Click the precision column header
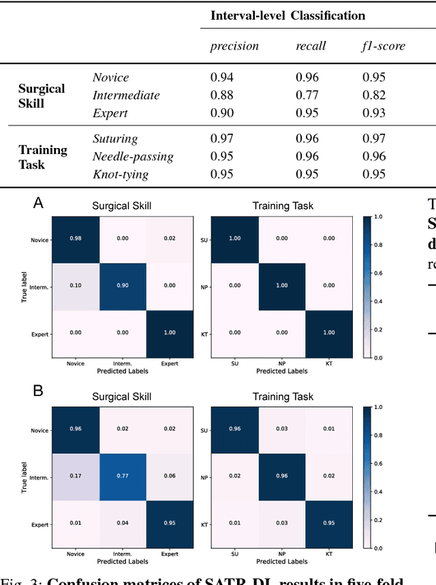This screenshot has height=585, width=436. (x=234, y=46)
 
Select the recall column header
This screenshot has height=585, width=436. (x=310, y=46)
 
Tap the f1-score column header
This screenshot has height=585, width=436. (x=383, y=46)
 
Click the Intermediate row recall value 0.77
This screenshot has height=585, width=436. (x=307, y=95)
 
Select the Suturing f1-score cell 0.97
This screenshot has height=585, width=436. (x=374, y=139)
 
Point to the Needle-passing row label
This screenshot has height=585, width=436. (x=133, y=157)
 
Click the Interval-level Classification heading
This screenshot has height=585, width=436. (x=287, y=16)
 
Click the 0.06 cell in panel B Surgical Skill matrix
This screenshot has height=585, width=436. (x=169, y=477)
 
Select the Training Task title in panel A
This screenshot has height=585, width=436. (x=283, y=205)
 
